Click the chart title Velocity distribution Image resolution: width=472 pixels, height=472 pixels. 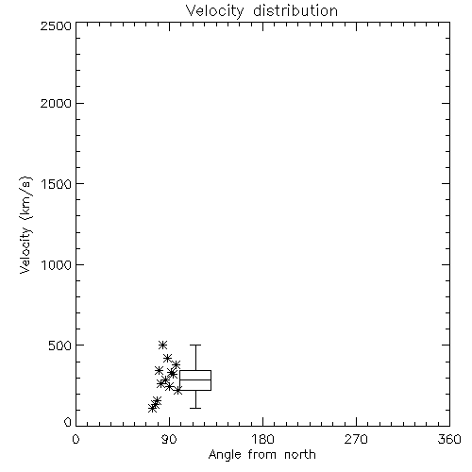[x=261, y=11]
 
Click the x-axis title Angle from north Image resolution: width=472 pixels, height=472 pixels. [x=261, y=455]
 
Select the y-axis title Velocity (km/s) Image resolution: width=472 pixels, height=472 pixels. [x=25, y=225]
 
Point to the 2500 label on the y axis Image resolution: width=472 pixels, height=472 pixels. [x=56, y=25]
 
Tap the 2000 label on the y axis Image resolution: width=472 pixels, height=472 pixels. [x=56, y=104]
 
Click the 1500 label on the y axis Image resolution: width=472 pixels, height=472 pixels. [x=57, y=184]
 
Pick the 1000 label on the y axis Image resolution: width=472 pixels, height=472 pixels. [x=57, y=265]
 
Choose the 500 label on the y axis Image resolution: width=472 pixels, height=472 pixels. [x=60, y=346]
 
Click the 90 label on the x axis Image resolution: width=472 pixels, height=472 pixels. [x=169, y=439]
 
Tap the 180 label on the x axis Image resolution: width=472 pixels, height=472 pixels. [x=262, y=439]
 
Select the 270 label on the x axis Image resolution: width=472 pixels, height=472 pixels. [x=356, y=439]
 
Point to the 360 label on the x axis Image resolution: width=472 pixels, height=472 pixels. [x=449, y=439]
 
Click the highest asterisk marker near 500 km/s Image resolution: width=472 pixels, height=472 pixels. [x=162, y=345]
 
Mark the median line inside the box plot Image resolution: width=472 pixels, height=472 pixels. [x=195, y=379]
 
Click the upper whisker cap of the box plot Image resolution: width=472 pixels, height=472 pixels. [x=195, y=345]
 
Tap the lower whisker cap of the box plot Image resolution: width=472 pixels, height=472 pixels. [x=195, y=408]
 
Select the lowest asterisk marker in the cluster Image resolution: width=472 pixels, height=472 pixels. [x=152, y=409]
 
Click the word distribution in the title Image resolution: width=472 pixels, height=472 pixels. [x=295, y=11]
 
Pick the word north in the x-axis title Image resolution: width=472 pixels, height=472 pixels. [x=300, y=455]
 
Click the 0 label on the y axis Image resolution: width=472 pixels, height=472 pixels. [x=68, y=422]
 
